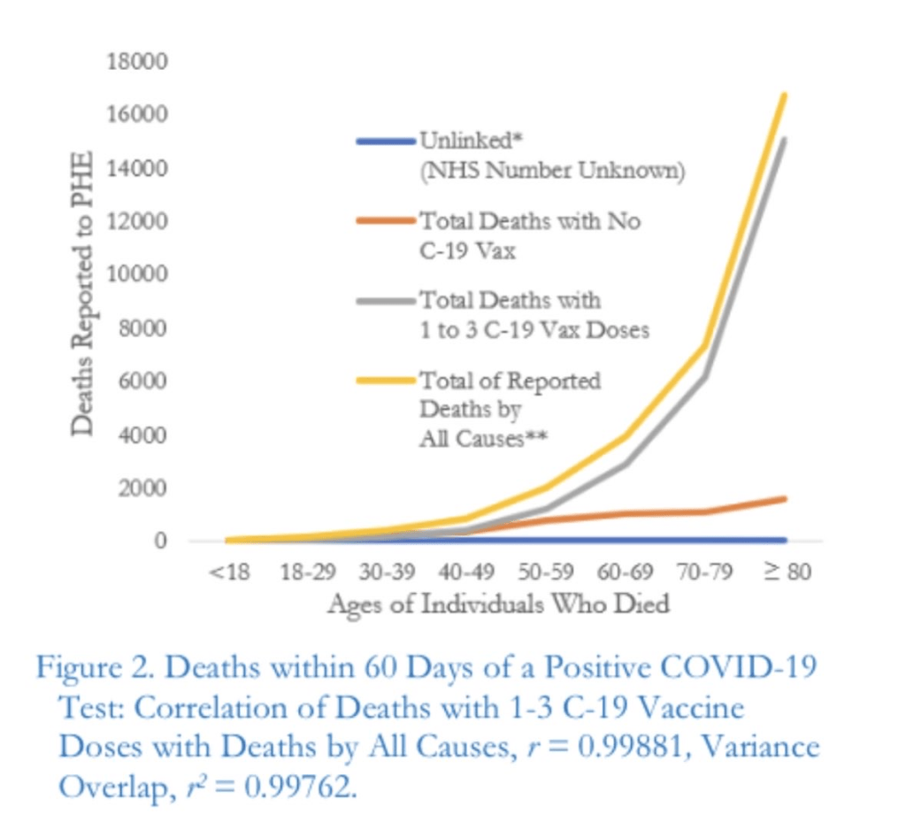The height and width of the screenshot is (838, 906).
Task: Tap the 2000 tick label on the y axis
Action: pyautogui.click(x=134, y=488)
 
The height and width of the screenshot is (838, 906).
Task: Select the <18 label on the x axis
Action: pyautogui.click(x=231, y=572)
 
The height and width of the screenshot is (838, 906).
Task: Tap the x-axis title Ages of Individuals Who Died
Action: pyautogui.click(x=498, y=604)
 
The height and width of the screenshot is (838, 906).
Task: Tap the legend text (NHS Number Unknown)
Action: pyautogui.click(x=551, y=171)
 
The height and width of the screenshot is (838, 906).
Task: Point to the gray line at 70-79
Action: pyautogui.click(x=705, y=376)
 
